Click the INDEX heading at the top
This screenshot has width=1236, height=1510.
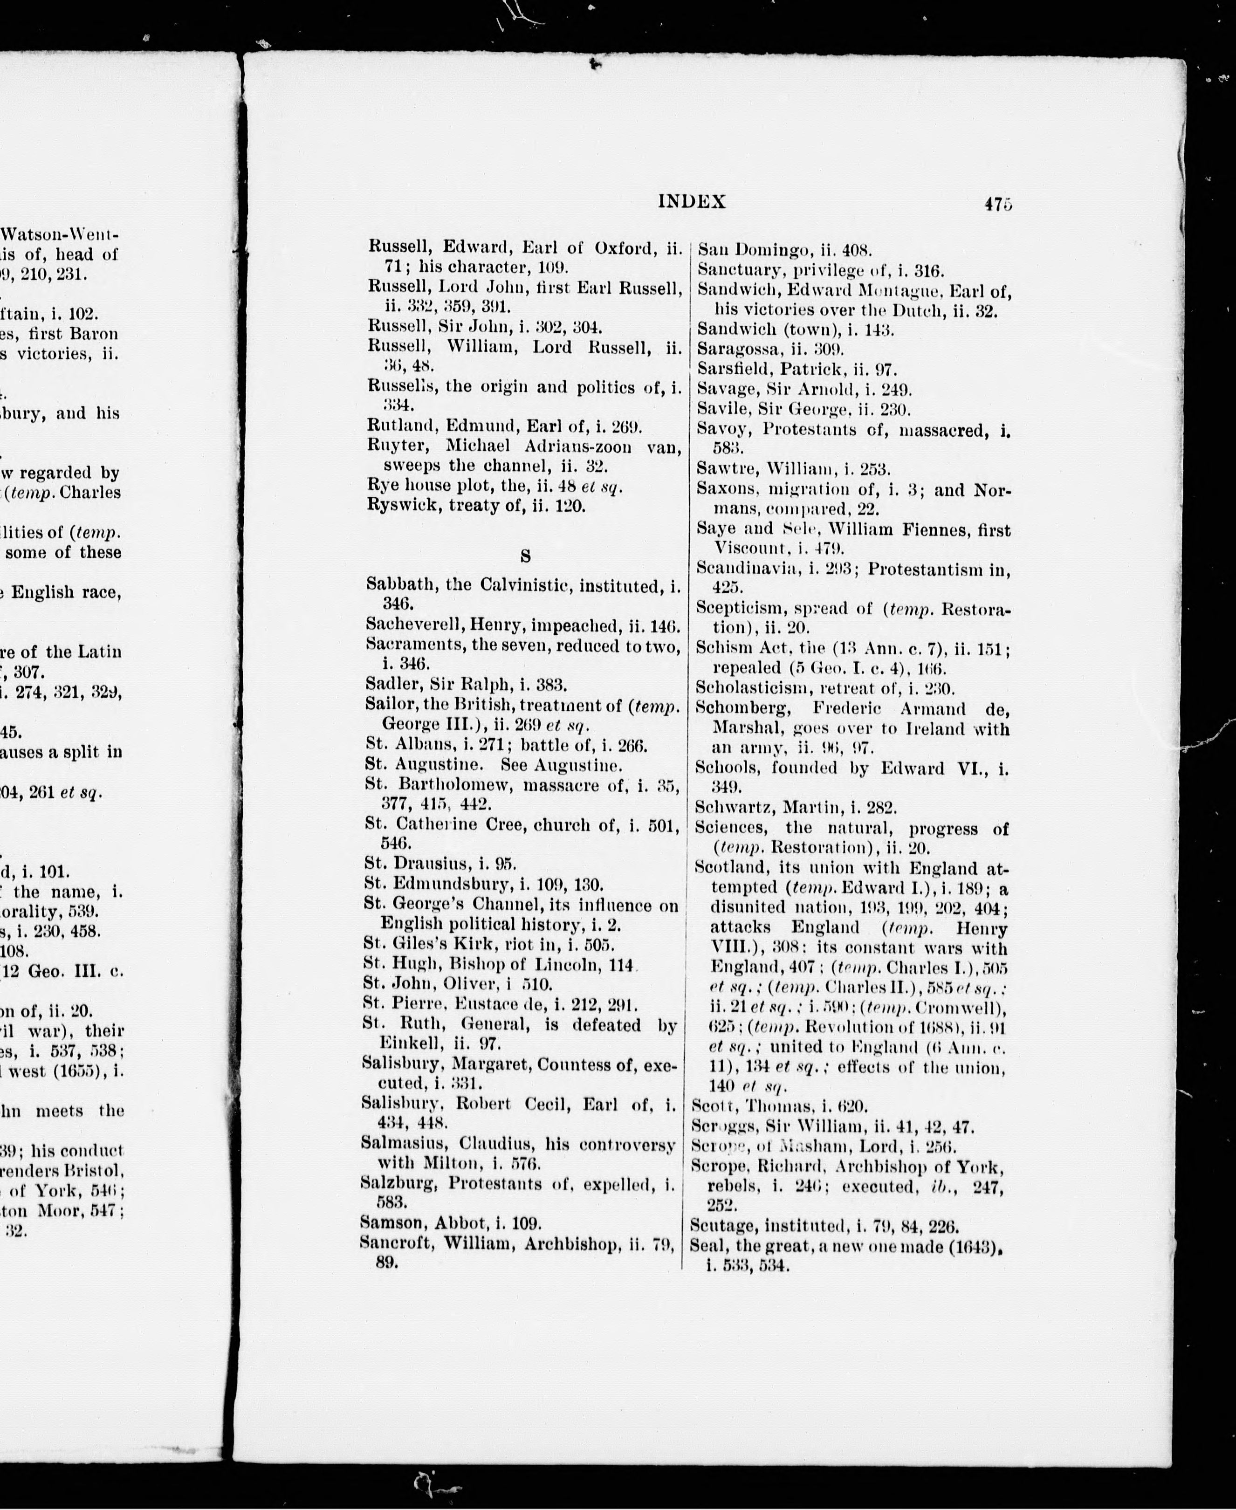pos(691,202)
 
